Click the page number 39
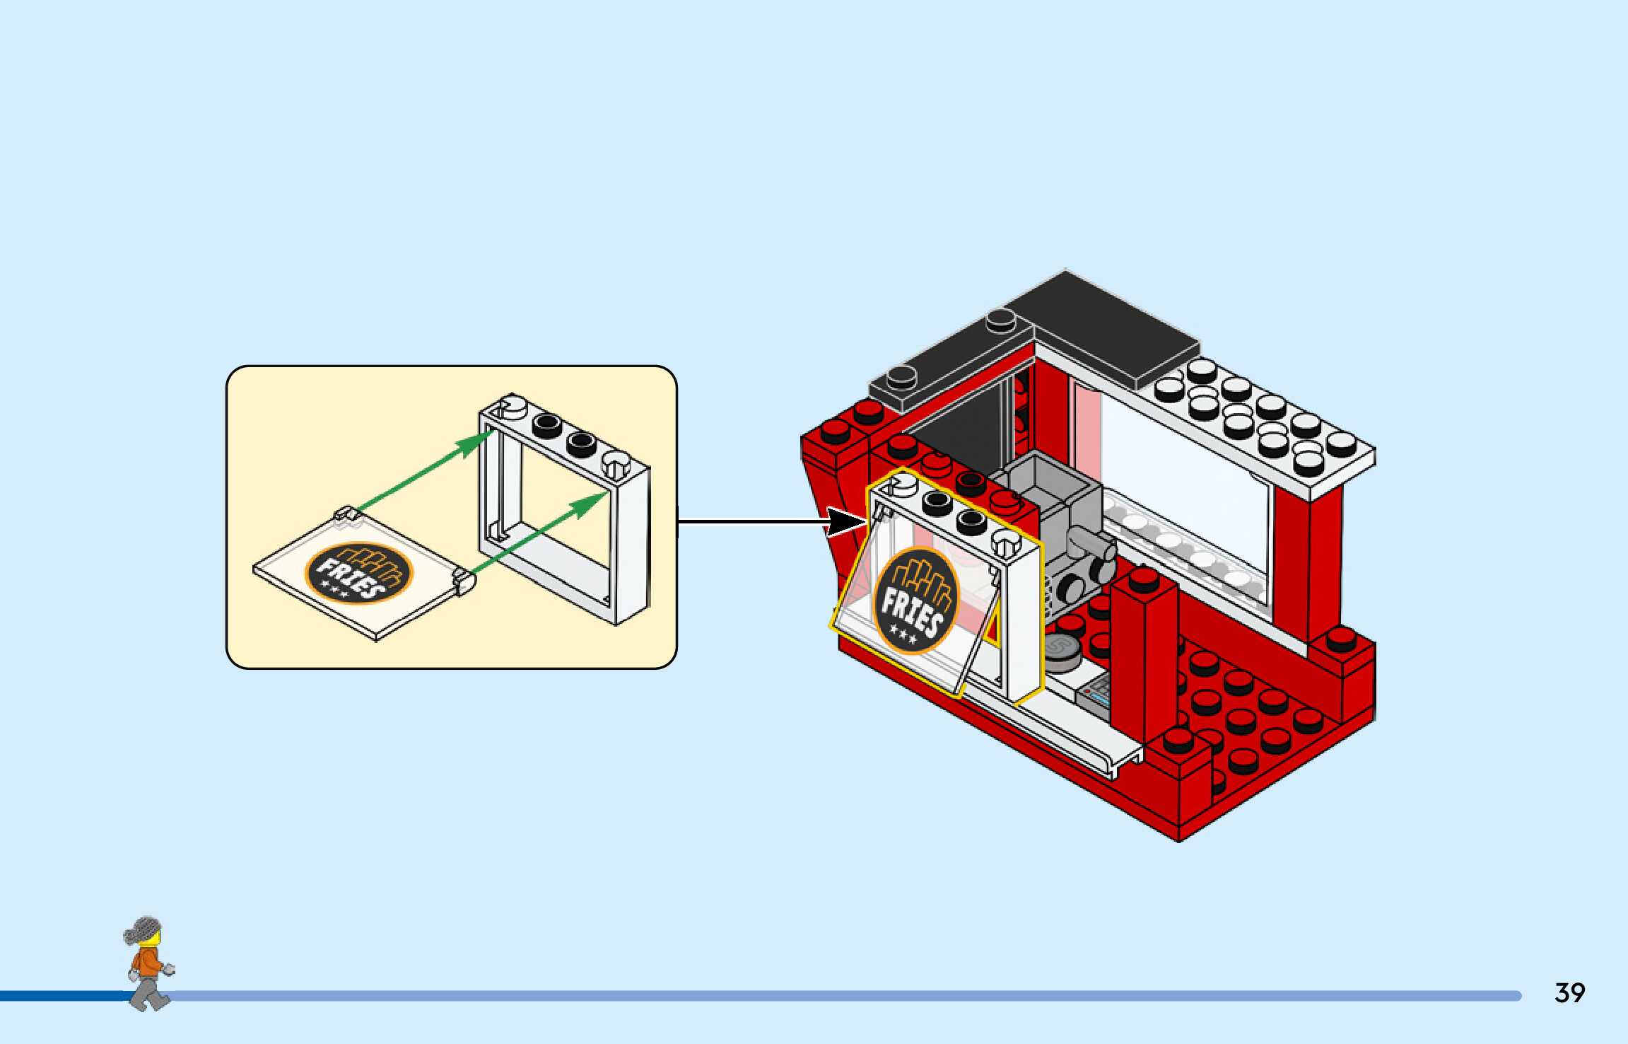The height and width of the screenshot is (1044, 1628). [1569, 992]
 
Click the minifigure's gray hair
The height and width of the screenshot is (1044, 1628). [144, 929]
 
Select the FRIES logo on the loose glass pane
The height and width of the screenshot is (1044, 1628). [358, 573]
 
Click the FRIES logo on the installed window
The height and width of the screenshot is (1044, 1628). [916, 601]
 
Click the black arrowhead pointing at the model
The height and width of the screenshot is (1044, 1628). [846, 522]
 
